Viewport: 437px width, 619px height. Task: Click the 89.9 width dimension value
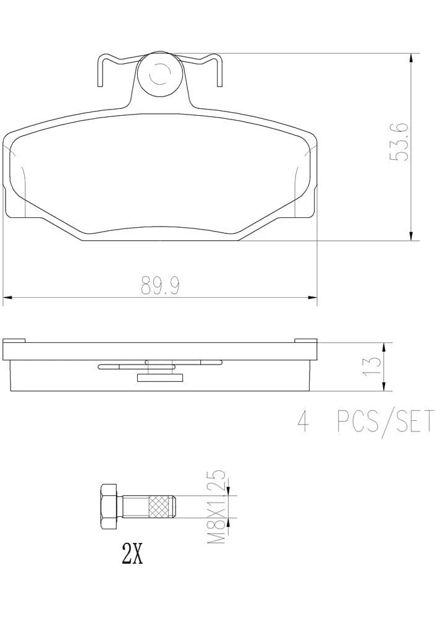160,286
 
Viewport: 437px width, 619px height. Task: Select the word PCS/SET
385,421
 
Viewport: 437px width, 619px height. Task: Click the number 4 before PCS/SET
304,421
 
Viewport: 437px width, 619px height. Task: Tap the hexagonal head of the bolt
109,506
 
